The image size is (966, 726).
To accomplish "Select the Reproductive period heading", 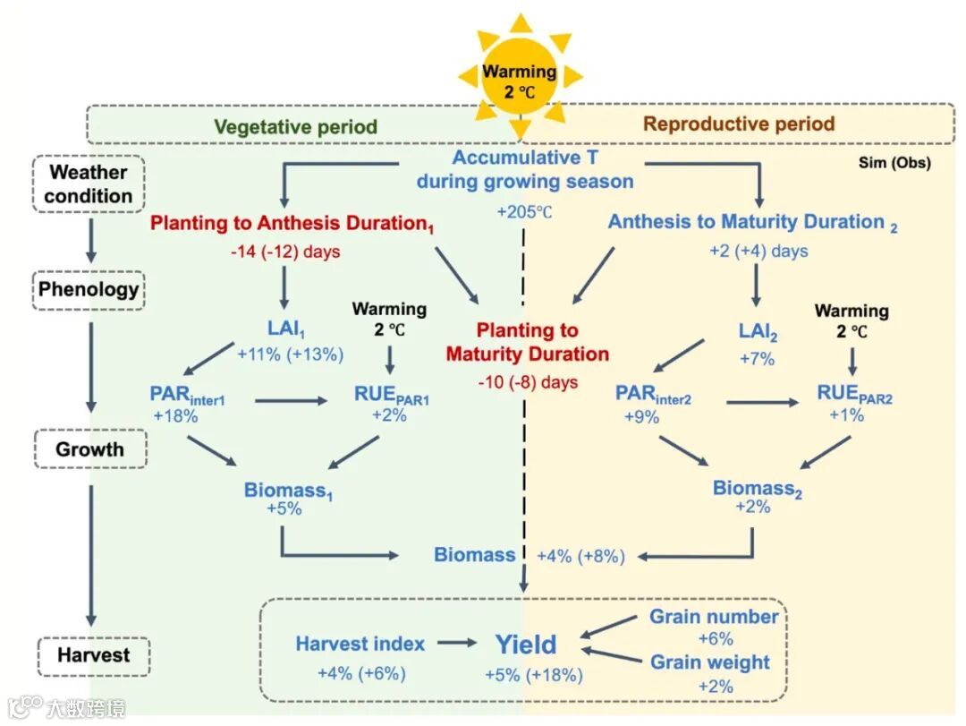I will [739, 124].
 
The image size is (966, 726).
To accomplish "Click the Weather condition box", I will [89, 184].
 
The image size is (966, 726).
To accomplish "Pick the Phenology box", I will [89, 289].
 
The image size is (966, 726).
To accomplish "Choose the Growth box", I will [89, 448].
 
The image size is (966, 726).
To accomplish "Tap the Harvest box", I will [94, 654].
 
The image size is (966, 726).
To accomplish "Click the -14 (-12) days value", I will [285, 252].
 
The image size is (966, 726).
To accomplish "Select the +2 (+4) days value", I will [758, 251].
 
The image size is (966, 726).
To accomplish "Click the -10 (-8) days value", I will [528, 382].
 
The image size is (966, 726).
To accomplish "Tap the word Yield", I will [526, 645].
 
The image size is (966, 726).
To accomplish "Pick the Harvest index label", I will [360, 643].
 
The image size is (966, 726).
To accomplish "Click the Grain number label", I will [714, 617].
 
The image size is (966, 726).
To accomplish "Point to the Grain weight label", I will [709, 662].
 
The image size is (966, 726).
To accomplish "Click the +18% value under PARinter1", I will [175, 415].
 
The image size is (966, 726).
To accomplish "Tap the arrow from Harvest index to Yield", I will [458, 643].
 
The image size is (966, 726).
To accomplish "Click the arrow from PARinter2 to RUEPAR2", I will [762, 402].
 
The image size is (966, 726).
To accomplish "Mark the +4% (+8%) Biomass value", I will [580, 556].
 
